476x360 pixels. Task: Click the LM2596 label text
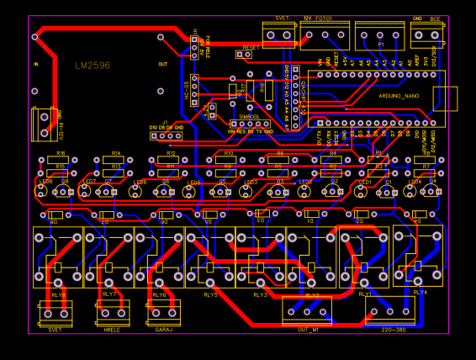92,65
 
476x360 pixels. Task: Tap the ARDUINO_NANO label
399,96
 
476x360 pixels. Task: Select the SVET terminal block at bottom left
56,313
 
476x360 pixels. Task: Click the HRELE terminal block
113,313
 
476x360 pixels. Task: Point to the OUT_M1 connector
307,311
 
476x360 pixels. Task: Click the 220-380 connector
390,310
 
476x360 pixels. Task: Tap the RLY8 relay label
58,295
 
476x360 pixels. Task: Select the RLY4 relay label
420,292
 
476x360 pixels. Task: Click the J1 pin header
167,135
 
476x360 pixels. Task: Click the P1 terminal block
379,35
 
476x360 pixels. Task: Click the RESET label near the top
251,47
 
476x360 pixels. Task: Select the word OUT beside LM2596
163,63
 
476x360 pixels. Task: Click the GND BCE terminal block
426,34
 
